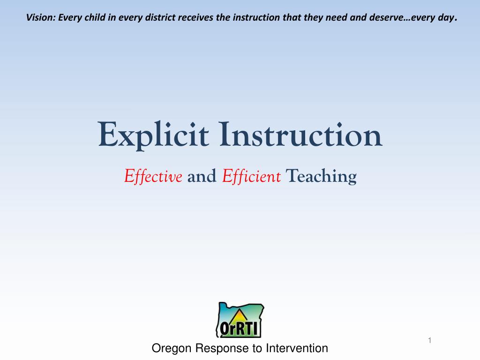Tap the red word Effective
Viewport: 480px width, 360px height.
(153, 177)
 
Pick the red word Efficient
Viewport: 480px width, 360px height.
(251, 177)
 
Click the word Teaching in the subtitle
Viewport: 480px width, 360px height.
(321, 177)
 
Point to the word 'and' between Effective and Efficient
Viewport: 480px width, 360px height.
(202, 177)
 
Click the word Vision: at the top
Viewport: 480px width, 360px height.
(40, 18)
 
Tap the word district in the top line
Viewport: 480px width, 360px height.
(159, 18)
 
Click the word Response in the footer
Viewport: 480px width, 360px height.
(223, 348)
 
